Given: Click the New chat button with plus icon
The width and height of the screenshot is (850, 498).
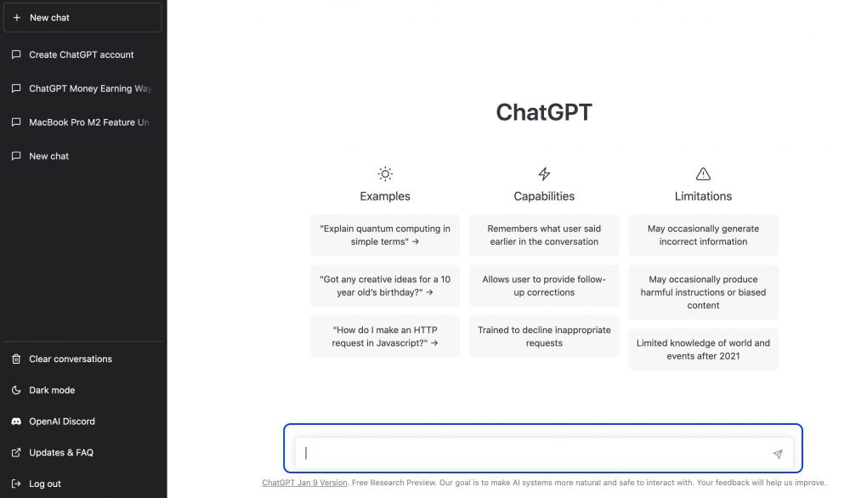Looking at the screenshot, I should click(x=82, y=18).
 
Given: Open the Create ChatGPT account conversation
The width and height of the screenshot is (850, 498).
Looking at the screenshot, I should click(x=82, y=54).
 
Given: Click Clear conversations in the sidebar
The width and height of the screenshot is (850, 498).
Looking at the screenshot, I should click(x=70, y=359).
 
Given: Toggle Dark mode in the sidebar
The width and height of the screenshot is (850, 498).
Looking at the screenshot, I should click(x=52, y=390).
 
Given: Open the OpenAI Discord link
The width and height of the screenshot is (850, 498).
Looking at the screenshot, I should click(x=61, y=422).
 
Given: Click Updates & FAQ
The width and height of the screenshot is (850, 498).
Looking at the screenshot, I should click(x=60, y=453).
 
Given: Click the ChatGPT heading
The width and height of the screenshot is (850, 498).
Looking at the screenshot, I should click(x=544, y=112).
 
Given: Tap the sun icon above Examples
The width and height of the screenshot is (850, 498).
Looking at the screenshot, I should click(x=385, y=174).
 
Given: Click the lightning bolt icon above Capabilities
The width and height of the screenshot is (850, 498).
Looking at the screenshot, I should click(x=544, y=174).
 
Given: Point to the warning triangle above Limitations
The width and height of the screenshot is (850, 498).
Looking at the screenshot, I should click(x=703, y=174).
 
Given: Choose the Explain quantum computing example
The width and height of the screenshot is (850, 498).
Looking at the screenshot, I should click(x=385, y=235).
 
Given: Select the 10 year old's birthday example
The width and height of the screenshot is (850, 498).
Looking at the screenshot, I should click(x=385, y=286).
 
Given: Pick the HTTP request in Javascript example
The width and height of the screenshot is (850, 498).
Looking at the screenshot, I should click(x=385, y=337).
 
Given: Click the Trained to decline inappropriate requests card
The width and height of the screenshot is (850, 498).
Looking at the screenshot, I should click(x=544, y=337).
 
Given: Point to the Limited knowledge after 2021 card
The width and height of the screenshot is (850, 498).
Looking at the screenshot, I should click(x=703, y=349).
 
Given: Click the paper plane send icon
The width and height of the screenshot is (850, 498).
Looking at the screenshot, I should click(x=777, y=454).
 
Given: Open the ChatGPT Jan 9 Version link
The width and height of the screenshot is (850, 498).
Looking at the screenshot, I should click(x=304, y=483).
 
